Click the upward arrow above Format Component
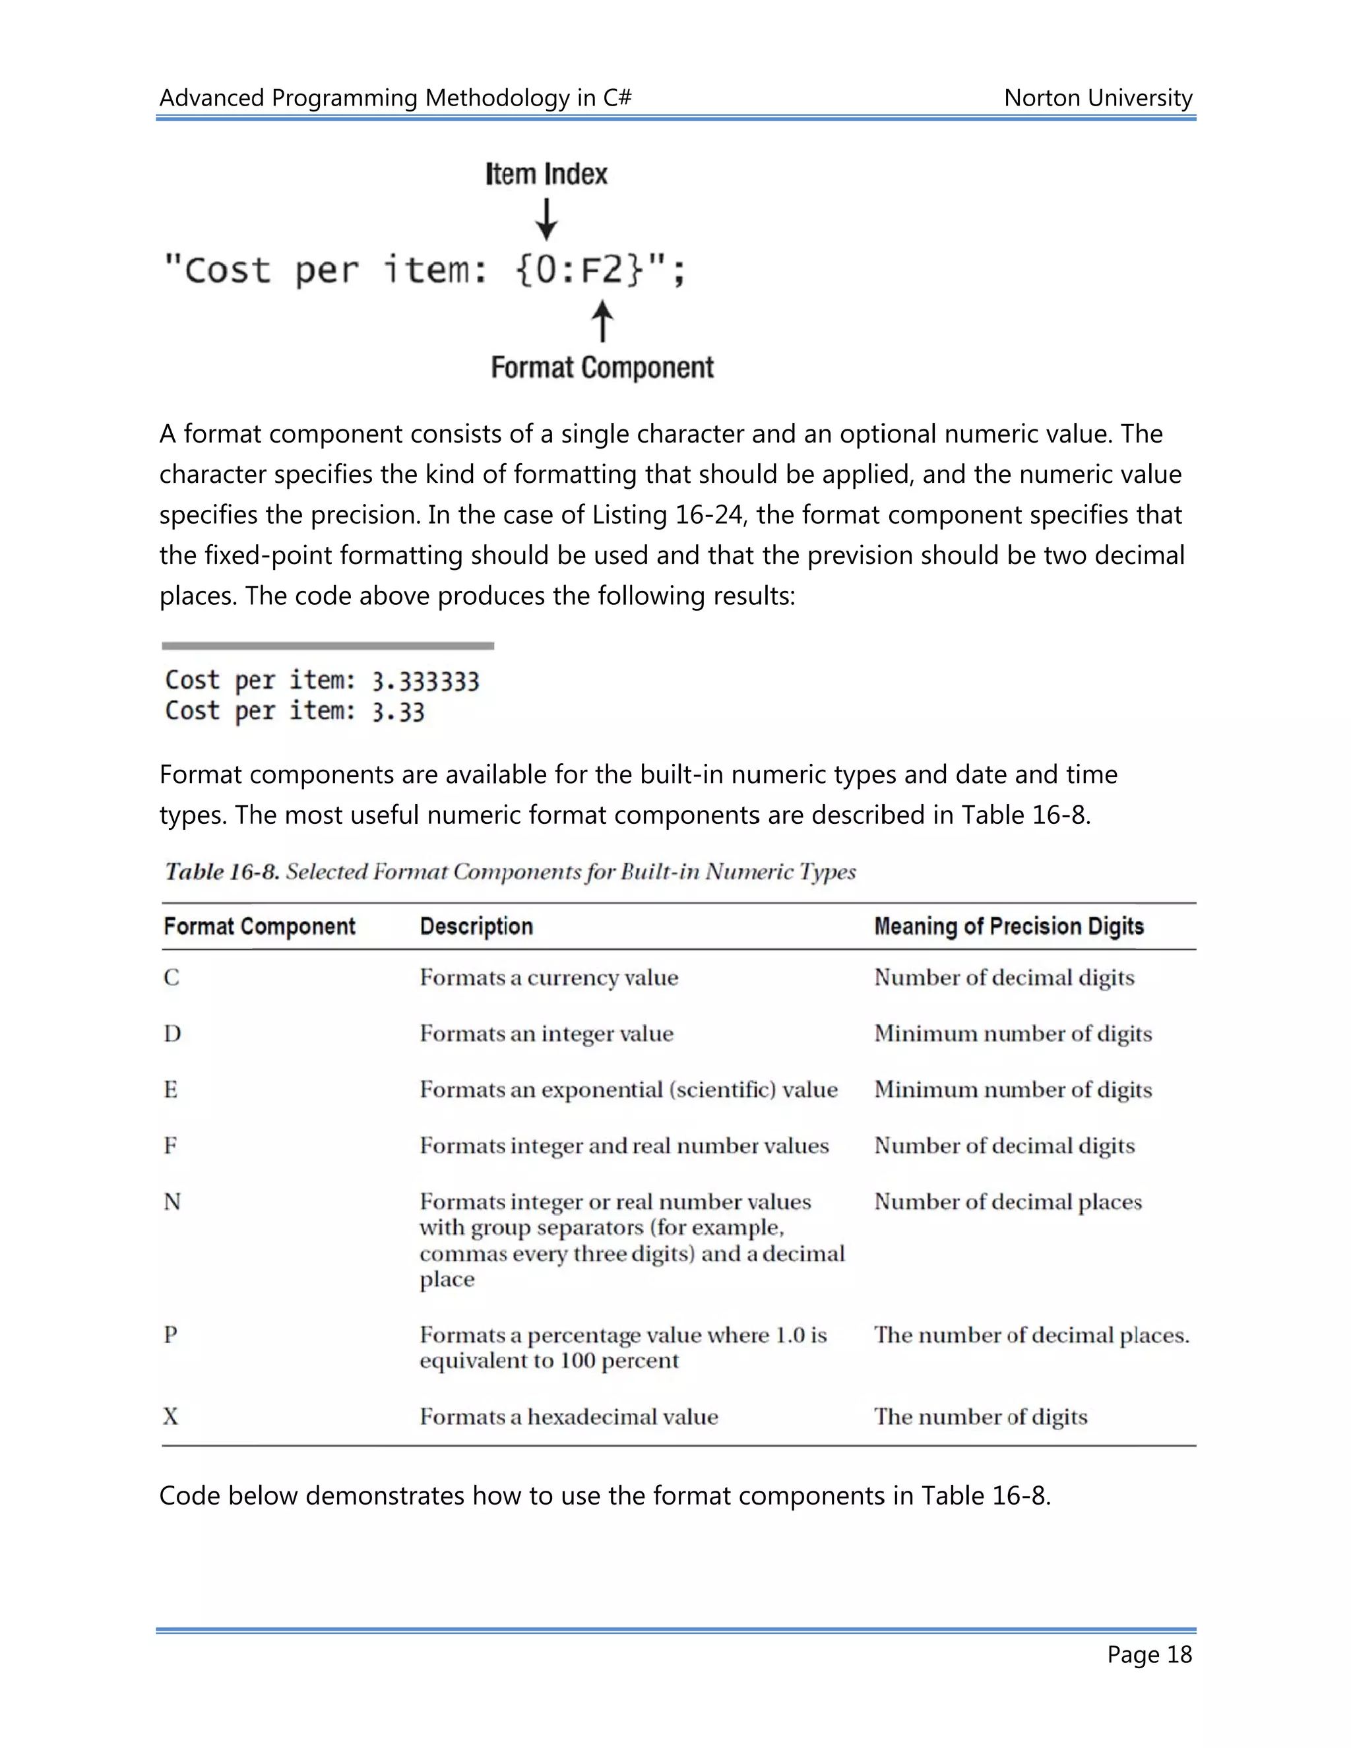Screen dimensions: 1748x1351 pyautogui.click(x=603, y=322)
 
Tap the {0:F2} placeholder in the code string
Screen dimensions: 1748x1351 pyautogui.click(x=579, y=270)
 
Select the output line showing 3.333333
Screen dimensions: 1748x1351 pyautogui.click(x=322, y=681)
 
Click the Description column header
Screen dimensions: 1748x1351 pyautogui.click(x=476, y=926)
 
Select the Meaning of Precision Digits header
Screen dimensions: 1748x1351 pyautogui.click(x=1009, y=926)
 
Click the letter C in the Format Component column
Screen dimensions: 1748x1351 pyautogui.click(x=172, y=978)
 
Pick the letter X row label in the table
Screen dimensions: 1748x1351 pyautogui.click(x=170, y=1417)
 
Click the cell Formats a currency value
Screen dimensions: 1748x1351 pyautogui.click(x=548, y=978)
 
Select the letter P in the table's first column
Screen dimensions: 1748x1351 pyautogui.click(x=170, y=1334)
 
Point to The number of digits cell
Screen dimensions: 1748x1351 pyautogui.click(x=980, y=1417)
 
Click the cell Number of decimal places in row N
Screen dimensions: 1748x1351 pyautogui.click(x=1008, y=1201)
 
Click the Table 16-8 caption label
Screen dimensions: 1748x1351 pyautogui.click(x=222, y=871)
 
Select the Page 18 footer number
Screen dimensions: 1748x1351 pyautogui.click(x=1149, y=1654)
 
